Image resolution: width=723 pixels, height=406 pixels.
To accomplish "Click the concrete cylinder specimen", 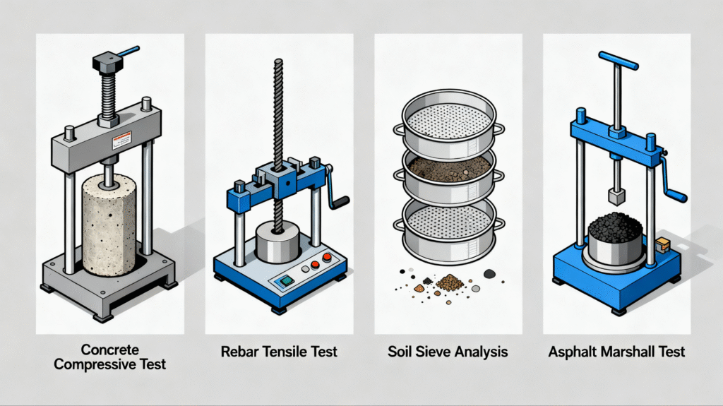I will click(109, 226).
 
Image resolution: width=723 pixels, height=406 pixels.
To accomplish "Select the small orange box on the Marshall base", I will click(662, 245).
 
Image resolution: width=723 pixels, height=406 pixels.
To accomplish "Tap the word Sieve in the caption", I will click(438, 351).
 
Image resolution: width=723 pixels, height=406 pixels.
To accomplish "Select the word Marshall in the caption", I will click(622, 351).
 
